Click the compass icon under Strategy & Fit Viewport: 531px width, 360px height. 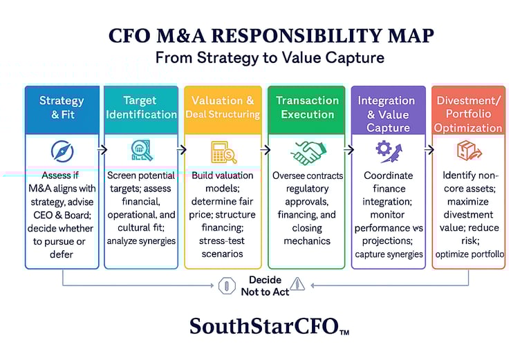pyautogui.click(x=62, y=151)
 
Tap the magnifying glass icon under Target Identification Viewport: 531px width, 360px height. pyautogui.click(x=142, y=150)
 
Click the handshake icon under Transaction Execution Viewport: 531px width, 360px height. pyautogui.click(x=308, y=153)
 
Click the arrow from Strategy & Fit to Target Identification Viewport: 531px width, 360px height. pyautogui.click(x=102, y=149)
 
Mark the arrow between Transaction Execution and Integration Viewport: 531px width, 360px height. pyautogui.click(x=348, y=149)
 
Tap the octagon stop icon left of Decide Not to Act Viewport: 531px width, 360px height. pyautogui.click(x=227, y=286)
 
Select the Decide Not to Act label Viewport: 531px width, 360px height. pyautogui.click(x=265, y=286)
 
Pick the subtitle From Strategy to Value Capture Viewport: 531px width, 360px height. pyautogui.click(x=270, y=57)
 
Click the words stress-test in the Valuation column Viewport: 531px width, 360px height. pyautogui.click(x=222, y=241)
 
